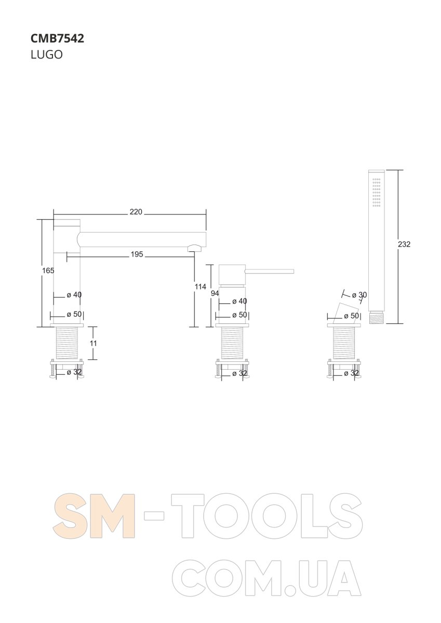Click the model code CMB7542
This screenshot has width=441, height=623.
tap(57, 38)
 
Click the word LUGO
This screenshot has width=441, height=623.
tap(46, 55)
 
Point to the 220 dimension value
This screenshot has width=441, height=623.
tap(136, 212)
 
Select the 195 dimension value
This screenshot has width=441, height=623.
tap(137, 254)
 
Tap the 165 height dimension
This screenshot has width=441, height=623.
tap(48, 270)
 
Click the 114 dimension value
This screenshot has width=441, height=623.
tap(201, 286)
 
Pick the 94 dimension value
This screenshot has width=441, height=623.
tap(215, 293)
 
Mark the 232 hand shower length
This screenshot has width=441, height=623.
tap(404, 244)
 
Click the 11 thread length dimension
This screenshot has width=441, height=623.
tap(93, 343)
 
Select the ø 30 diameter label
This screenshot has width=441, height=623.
tap(359, 295)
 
